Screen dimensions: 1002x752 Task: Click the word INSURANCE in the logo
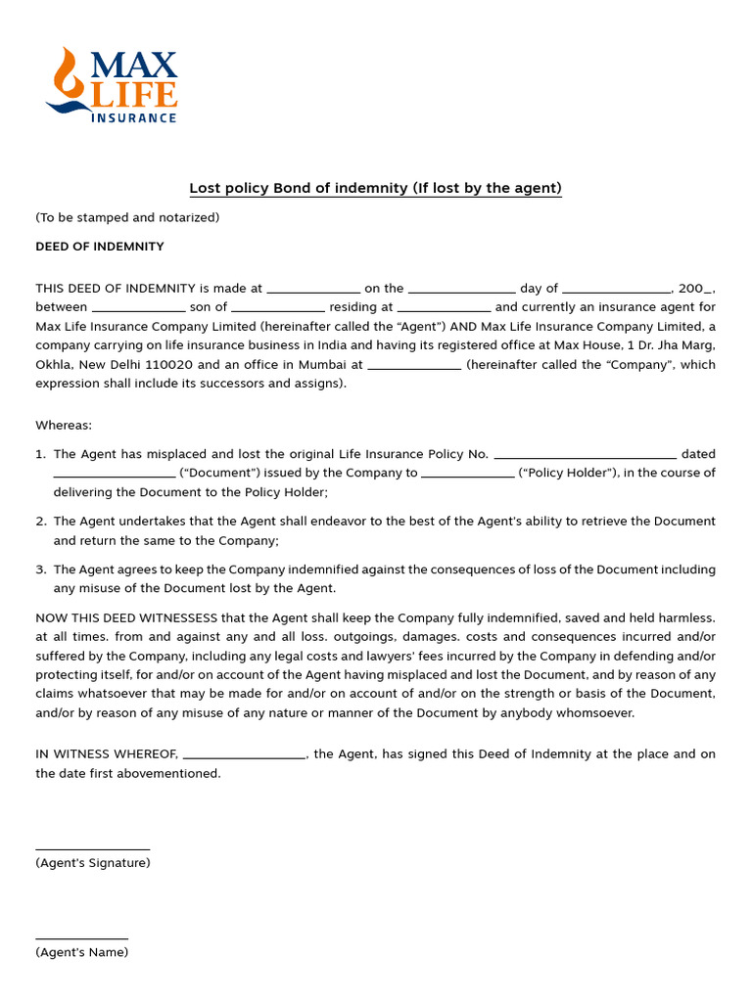point(133,117)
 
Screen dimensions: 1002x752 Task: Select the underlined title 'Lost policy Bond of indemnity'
point(375,188)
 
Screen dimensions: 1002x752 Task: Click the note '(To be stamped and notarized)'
point(127,217)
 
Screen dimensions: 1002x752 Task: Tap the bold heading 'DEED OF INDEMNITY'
point(100,247)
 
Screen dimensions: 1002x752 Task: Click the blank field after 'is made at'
point(313,290)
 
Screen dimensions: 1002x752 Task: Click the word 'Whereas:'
point(64,425)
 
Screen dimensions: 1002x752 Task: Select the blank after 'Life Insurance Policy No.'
point(586,455)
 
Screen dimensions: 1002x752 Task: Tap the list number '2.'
point(41,522)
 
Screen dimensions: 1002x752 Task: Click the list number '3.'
point(41,569)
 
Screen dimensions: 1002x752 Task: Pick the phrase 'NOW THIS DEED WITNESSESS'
point(126,618)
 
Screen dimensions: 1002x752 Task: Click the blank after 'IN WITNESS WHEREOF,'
point(244,755)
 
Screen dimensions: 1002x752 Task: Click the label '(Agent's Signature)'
point(93,863)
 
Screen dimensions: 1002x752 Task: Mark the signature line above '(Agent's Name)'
point(81,938)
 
